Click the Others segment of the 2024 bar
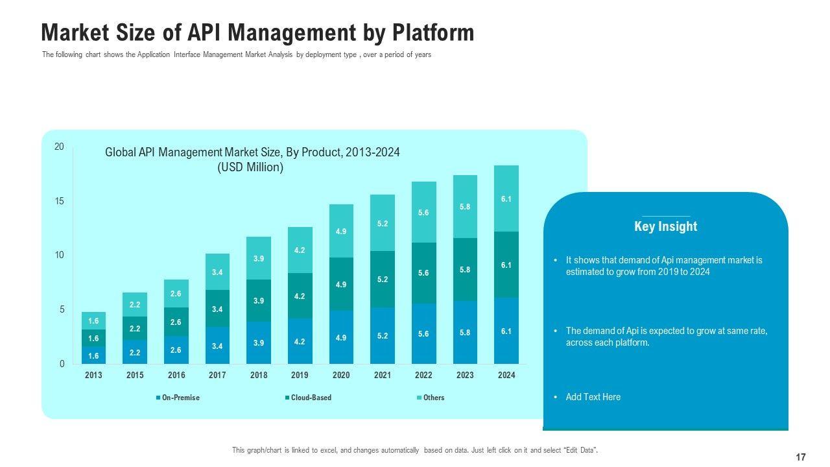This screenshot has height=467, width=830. coord(506,198)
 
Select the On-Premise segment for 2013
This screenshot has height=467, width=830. coord(93,355)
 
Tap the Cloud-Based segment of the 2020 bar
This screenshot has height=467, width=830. coord(341,284)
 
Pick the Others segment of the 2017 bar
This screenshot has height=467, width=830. coord(217,272)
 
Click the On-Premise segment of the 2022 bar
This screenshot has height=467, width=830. coord(423,333)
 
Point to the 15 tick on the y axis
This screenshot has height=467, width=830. coord(59,201)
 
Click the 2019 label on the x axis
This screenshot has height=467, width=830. coord(300,376)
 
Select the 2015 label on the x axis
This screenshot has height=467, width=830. coord(135,376)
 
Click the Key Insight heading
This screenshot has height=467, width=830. coord(665,226)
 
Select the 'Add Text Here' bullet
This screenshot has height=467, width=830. coord(593,397)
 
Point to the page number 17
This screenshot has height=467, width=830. coord(801,457)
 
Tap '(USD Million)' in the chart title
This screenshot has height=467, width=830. coord(250,167)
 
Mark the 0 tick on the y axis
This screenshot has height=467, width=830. coord(61,364)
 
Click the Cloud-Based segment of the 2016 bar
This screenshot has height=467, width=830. coord(176,322)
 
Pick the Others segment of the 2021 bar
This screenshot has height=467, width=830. coord(383,223)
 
